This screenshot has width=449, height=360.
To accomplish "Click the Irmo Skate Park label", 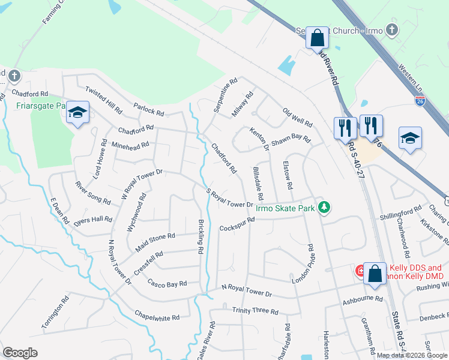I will point(285,209).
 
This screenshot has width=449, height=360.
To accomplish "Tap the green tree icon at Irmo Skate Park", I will point(324,208).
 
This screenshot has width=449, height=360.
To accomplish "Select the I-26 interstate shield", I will point(421,102).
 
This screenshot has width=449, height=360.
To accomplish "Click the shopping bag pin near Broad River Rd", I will point(317,38).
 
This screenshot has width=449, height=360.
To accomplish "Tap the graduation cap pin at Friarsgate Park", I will point(77,113).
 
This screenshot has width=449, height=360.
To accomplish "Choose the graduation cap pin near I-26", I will point(411,139).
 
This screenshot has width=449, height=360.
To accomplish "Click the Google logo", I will point(20,353).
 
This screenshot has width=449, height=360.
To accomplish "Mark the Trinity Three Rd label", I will point(255,311).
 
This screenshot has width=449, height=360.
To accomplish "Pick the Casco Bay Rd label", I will point(167,283).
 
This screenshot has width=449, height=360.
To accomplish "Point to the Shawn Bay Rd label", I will point(291,140).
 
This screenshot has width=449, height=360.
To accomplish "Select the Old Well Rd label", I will point(298,117).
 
